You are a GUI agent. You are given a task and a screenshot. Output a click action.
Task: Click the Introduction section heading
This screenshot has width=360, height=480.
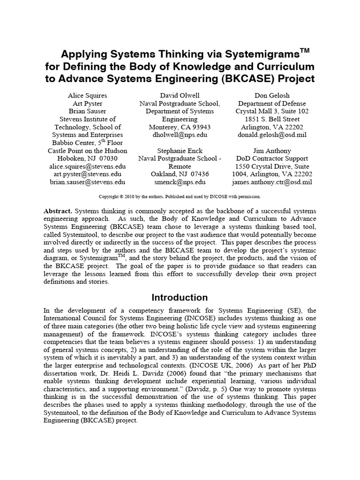[180, 298]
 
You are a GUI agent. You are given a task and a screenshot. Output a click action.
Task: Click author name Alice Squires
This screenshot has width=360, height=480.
[88, 95]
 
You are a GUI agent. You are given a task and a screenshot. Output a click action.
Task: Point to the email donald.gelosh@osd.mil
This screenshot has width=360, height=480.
[271, 135]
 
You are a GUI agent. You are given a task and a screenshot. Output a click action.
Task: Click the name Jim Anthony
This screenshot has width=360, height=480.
[271, 151]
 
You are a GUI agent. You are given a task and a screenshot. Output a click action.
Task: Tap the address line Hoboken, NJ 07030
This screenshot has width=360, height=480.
[88, 159]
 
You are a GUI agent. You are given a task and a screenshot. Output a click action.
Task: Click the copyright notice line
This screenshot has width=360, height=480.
[180, 196]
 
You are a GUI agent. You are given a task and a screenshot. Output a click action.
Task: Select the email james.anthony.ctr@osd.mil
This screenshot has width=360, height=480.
[271, 182]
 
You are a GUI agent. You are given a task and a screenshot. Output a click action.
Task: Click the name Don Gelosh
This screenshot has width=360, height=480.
[271, 95]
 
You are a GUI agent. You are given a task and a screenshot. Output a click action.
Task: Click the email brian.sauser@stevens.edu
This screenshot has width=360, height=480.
[88, 182]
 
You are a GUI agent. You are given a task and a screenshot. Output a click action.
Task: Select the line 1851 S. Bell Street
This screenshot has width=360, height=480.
[271, 119]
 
